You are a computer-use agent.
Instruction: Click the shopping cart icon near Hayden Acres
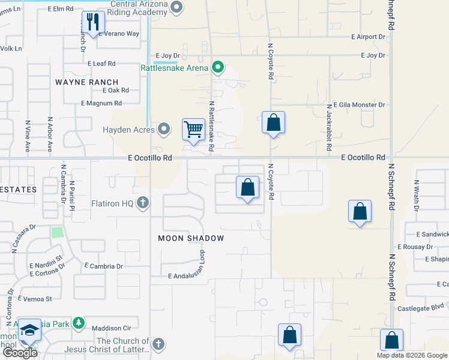click(193, 129)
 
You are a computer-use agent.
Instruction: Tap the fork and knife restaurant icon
click(92, 23)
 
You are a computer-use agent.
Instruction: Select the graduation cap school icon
click(29, 331)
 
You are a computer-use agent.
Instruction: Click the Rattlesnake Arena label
click(175, 68)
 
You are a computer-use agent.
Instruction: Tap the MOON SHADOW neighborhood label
click(191, 238)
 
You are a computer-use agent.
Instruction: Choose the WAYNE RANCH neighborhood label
click(87, 82)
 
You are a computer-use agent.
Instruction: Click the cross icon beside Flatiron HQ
click(142, 203)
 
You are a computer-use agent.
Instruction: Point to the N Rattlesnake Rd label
click(211, 126)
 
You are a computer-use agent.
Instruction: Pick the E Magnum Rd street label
click(101, 103)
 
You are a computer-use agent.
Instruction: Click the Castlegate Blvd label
click(422, 308)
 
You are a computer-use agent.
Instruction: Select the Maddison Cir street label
click(111, 328)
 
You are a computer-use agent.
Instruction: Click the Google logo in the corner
click(20, 353)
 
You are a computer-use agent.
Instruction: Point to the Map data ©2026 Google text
click(411, 355)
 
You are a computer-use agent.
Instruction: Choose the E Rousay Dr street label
click(415, 247)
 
